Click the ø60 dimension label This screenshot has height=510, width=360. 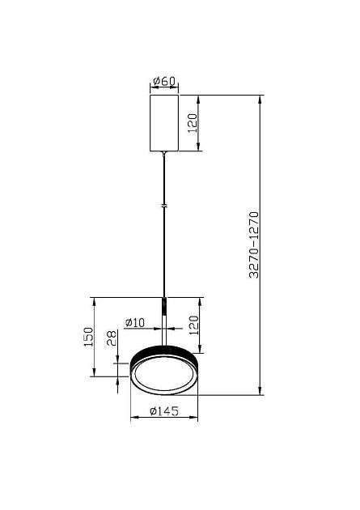(x=164, y=81)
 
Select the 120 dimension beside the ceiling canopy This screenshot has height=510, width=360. (x=192, y=123)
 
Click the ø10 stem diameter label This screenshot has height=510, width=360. (x=135, y=322)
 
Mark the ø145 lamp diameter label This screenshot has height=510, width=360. (x=164, y=412)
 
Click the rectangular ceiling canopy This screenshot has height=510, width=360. (x=164, y=121)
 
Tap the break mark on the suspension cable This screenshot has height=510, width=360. (x=164, y=208)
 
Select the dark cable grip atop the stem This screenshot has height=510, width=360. (x=164, y=306)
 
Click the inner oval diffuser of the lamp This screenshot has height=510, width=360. (x=163, y=376)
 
